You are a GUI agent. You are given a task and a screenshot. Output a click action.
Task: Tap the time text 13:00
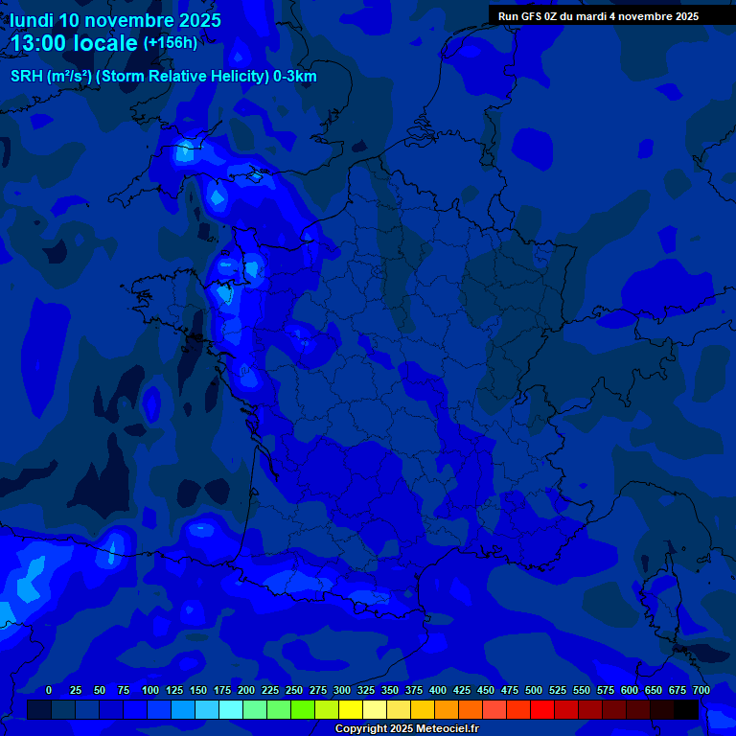coord(39,44)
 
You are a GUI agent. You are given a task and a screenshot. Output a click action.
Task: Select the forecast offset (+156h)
coord(170,43)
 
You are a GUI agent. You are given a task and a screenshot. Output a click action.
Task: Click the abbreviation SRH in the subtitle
coord(26,77)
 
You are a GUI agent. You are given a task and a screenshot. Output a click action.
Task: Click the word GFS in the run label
coord(532,16)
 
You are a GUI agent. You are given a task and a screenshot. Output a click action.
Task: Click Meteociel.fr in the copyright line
coord(448,729)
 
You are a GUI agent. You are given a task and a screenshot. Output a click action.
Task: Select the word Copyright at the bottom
coord(362,729)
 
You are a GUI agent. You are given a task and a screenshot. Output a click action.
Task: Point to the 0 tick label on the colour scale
coord(49,690)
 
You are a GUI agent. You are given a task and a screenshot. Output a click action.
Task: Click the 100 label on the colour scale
coord(150,690)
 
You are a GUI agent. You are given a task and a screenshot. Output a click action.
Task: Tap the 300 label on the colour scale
coord(342,690)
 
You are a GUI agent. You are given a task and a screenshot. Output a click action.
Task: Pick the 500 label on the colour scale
coord(534,690)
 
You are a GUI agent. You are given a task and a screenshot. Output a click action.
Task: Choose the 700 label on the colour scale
coord(701,690)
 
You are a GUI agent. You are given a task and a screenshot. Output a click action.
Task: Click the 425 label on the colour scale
coord(462,690)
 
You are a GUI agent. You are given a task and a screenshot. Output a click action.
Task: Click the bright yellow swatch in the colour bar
coord(351,709)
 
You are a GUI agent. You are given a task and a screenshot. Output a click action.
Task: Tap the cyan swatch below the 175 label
coord(231,709)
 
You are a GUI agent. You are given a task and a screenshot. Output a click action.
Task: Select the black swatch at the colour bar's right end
coord(686,709)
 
